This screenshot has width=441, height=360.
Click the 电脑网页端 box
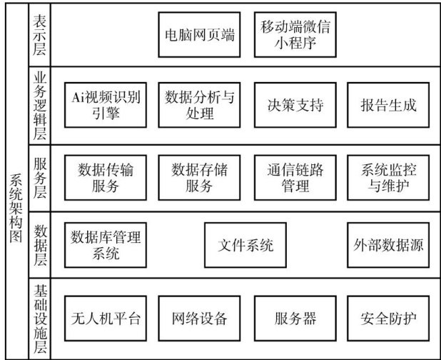199,34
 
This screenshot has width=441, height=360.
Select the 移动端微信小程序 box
295,34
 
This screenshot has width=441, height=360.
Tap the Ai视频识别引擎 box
106,105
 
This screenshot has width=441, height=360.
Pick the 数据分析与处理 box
199,105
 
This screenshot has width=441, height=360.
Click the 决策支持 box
295,105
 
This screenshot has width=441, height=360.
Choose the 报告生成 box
388,105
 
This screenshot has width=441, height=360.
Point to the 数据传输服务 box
106,177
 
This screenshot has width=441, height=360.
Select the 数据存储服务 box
199,177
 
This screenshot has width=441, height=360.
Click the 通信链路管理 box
295,177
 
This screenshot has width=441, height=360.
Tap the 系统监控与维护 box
388,177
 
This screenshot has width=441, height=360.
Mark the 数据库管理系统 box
106,245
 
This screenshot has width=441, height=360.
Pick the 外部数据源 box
388,245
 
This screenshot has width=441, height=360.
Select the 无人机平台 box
106,317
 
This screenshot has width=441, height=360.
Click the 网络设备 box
199,317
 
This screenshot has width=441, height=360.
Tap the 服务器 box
295,317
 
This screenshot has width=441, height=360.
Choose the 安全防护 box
388,317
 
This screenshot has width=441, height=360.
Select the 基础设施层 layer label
41,319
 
